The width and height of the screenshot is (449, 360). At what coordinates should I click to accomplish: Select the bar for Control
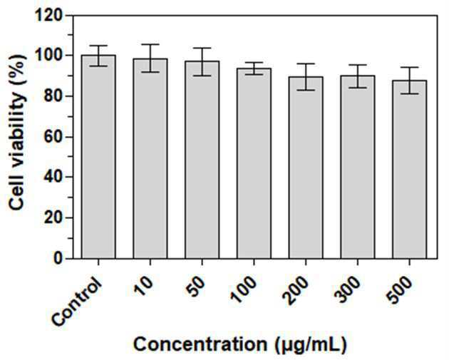pos(98,157)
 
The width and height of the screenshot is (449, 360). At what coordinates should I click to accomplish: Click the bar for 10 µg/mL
pos(150,158)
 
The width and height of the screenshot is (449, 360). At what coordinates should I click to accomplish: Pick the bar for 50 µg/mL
pos(202,160)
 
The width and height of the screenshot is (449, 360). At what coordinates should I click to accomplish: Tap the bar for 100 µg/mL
pos(254,163)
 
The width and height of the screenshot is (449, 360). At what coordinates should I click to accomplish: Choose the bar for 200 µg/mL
pos(306,168)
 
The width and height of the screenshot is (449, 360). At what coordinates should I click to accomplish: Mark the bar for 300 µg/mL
pos(358,167)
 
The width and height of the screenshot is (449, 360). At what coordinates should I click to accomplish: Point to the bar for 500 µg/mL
pos(410,169)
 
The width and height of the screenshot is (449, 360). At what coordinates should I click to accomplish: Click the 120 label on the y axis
pos(48,15)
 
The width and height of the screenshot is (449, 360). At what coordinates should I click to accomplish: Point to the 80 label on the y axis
pos(53,96)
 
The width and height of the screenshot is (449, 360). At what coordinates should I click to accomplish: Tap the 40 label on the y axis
pos(53,177)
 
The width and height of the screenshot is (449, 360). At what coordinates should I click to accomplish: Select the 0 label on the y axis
pos(58,258)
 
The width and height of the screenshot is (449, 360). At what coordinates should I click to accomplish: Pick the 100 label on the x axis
pos(244,290)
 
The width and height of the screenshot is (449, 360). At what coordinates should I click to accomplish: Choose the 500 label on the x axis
pos(399,290)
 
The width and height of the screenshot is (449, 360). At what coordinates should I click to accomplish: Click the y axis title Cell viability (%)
pos(18,132)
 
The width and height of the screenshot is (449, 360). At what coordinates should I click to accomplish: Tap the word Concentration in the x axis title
pos(200,344)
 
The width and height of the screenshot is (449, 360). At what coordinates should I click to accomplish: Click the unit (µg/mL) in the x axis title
pos(311,344)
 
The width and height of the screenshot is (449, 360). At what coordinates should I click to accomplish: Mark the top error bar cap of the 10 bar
pos(150,44)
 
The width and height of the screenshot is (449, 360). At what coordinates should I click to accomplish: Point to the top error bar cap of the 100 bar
pos(254,63)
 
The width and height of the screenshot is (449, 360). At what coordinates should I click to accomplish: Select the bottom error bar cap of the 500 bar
pos(410,93)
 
